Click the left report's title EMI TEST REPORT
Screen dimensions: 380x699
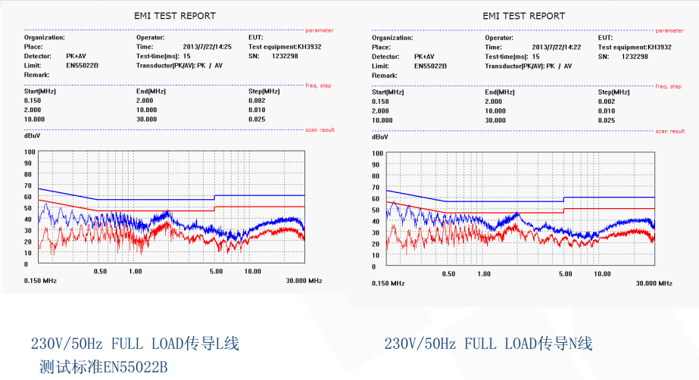[x=175, y=15]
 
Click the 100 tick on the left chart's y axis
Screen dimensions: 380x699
[x=30, y=152]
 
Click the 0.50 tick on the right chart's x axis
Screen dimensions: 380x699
[x=448, y=273]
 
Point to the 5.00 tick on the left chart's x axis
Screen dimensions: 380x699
[x=216, y=271]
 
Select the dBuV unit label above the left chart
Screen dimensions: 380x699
[x=33, y=136]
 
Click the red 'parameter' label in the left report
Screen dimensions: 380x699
[x=319, y=30]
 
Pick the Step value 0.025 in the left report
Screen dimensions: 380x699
[x=257, y=119]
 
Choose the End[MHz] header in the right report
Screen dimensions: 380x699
[x=501, y=92]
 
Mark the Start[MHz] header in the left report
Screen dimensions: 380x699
[x=40, y=92]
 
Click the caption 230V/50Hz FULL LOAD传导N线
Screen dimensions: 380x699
[x=488, y=344]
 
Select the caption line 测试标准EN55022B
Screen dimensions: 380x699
[x=103, y=367]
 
